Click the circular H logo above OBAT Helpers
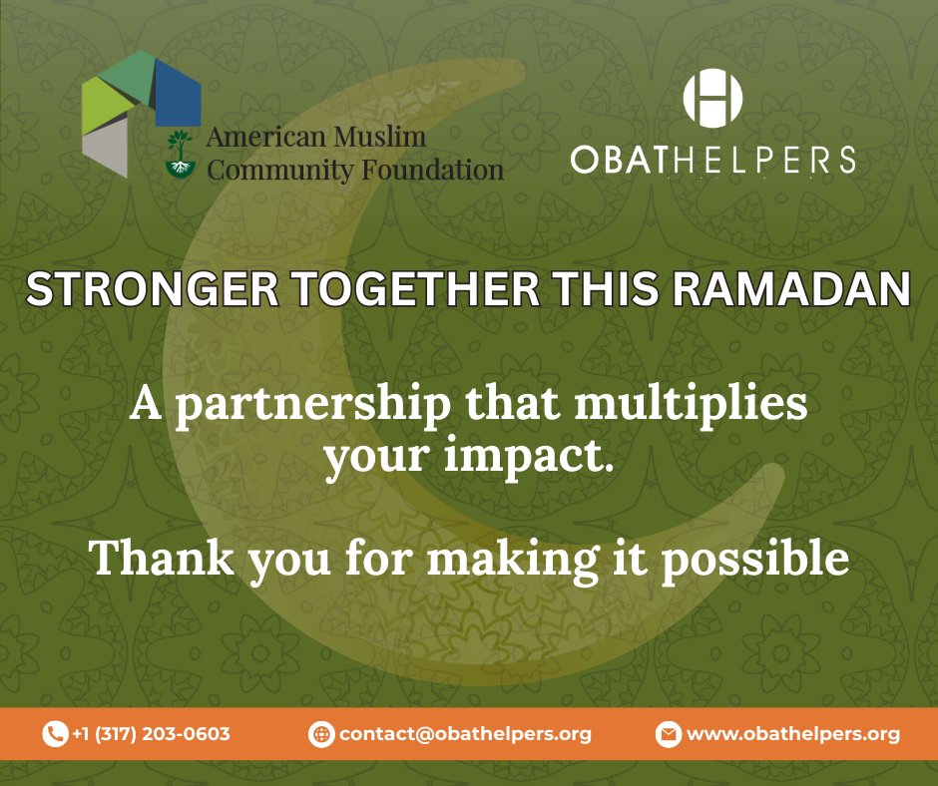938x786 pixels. tap(712, 100)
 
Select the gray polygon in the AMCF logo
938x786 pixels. tap(105, 148)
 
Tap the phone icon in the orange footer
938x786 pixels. tap(54, 734)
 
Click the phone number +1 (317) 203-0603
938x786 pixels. tap(151, 734)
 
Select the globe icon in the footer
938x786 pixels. tap(321, 734)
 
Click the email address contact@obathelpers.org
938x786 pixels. tap(465, 734)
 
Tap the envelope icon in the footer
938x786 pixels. tap(668, 734)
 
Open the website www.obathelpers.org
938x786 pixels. tap(793, 734)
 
